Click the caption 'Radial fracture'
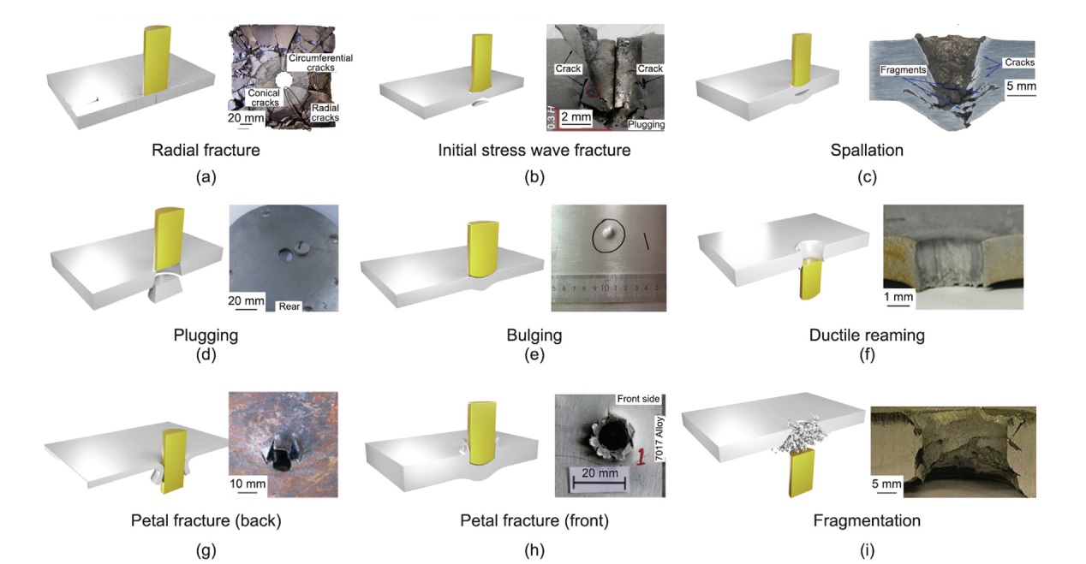pyautogui.click(x=206, y=151)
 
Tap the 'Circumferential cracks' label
pyautogui.click(x=321, y=62)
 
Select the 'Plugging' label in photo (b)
pyautogui.click(x=645, y=124)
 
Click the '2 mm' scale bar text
pyautogui.click(x=576, y=116)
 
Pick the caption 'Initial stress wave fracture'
pyautogui.click(x=534, y=151)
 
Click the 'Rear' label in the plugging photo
pyautogui.click(x=289, y=305)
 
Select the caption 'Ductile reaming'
pyautogui.click(x=867, y=335)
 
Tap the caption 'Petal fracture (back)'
pyautogui.click(x=206, y=520)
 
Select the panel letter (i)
pyautogui.click(x=867, y=550)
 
